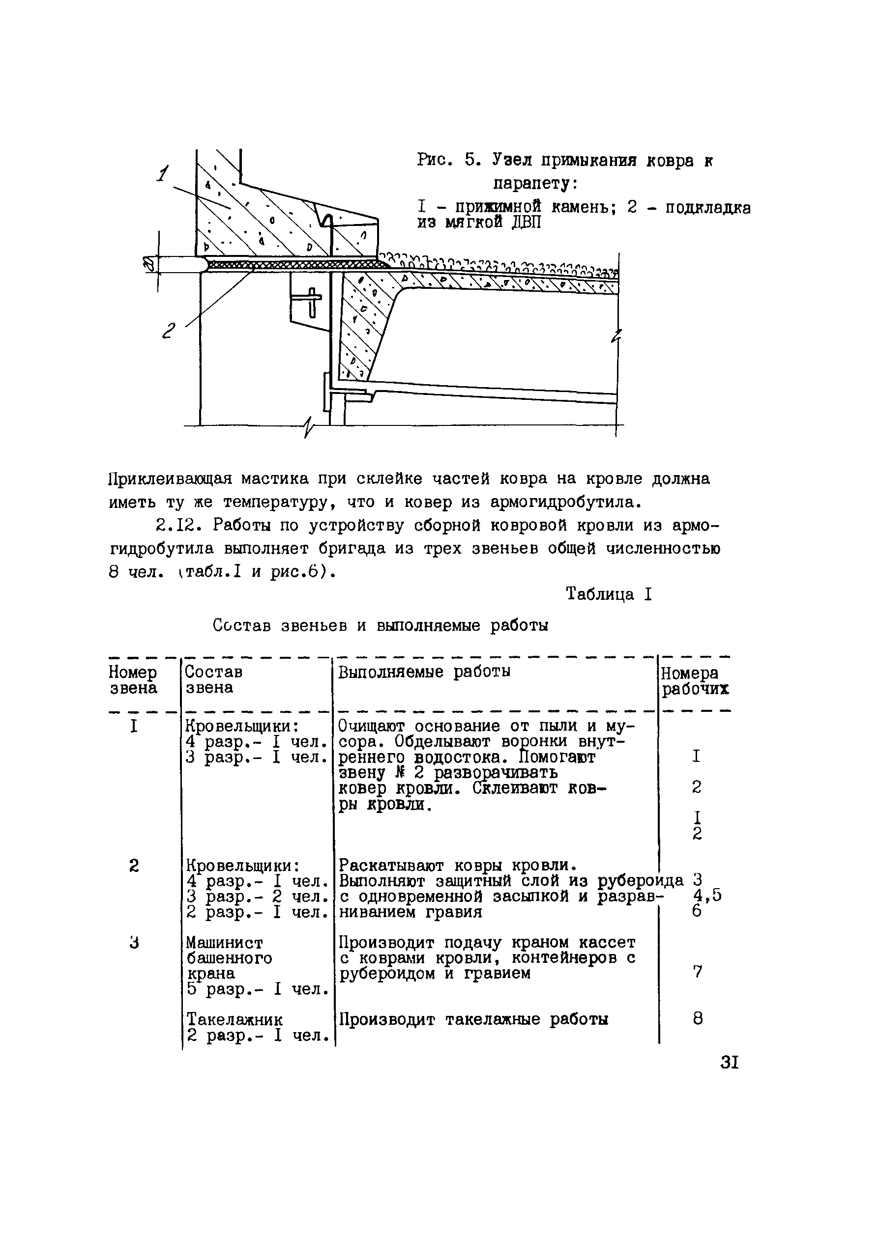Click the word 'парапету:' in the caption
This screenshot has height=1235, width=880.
535,184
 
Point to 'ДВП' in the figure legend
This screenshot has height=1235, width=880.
527,223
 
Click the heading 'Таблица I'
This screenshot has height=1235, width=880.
609,594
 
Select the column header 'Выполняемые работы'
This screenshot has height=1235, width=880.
424,672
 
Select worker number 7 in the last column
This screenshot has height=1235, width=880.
698,972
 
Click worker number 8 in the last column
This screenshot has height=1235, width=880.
698,1019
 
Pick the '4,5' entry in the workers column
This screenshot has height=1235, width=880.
707,896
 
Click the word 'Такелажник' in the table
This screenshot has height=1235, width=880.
234,1019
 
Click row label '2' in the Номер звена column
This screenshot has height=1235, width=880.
134,866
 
